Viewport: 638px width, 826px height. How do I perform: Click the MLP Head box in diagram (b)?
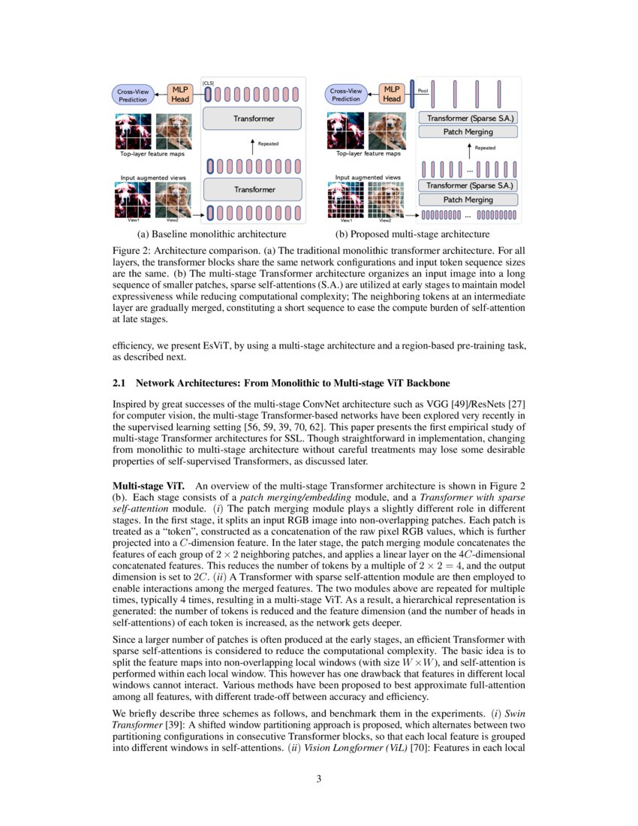pyautogui.click(x=392, y=94)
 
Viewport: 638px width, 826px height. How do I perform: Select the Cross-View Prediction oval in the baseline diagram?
pyautogui.click(x=133, y=95)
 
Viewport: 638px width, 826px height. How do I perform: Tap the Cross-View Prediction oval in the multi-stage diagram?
pyautogui.click(x=347, y=95)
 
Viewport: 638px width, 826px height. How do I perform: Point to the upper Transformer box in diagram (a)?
pyautogui.click(x=254, y=119)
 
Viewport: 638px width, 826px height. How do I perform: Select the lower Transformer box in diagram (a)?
pyautogui.click(x=254, y=190)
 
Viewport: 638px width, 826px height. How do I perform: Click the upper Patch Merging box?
pyautogui.click(x=468, y=132)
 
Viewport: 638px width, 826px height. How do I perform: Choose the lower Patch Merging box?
pyautogui.click(x=468, y=200)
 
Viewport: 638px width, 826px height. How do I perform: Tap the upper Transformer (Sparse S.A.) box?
pyautogui.click(x=468, y=119)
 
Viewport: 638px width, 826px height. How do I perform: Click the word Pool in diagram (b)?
pyautogui.click(x=422, y=90)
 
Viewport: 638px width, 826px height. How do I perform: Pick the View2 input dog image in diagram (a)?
pyautogui.click(x=173, y=200)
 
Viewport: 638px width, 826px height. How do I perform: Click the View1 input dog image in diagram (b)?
pyautogui.click(x=346, y=200)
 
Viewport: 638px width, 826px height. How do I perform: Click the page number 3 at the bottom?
pyautogui.click(x=319, y=779)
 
